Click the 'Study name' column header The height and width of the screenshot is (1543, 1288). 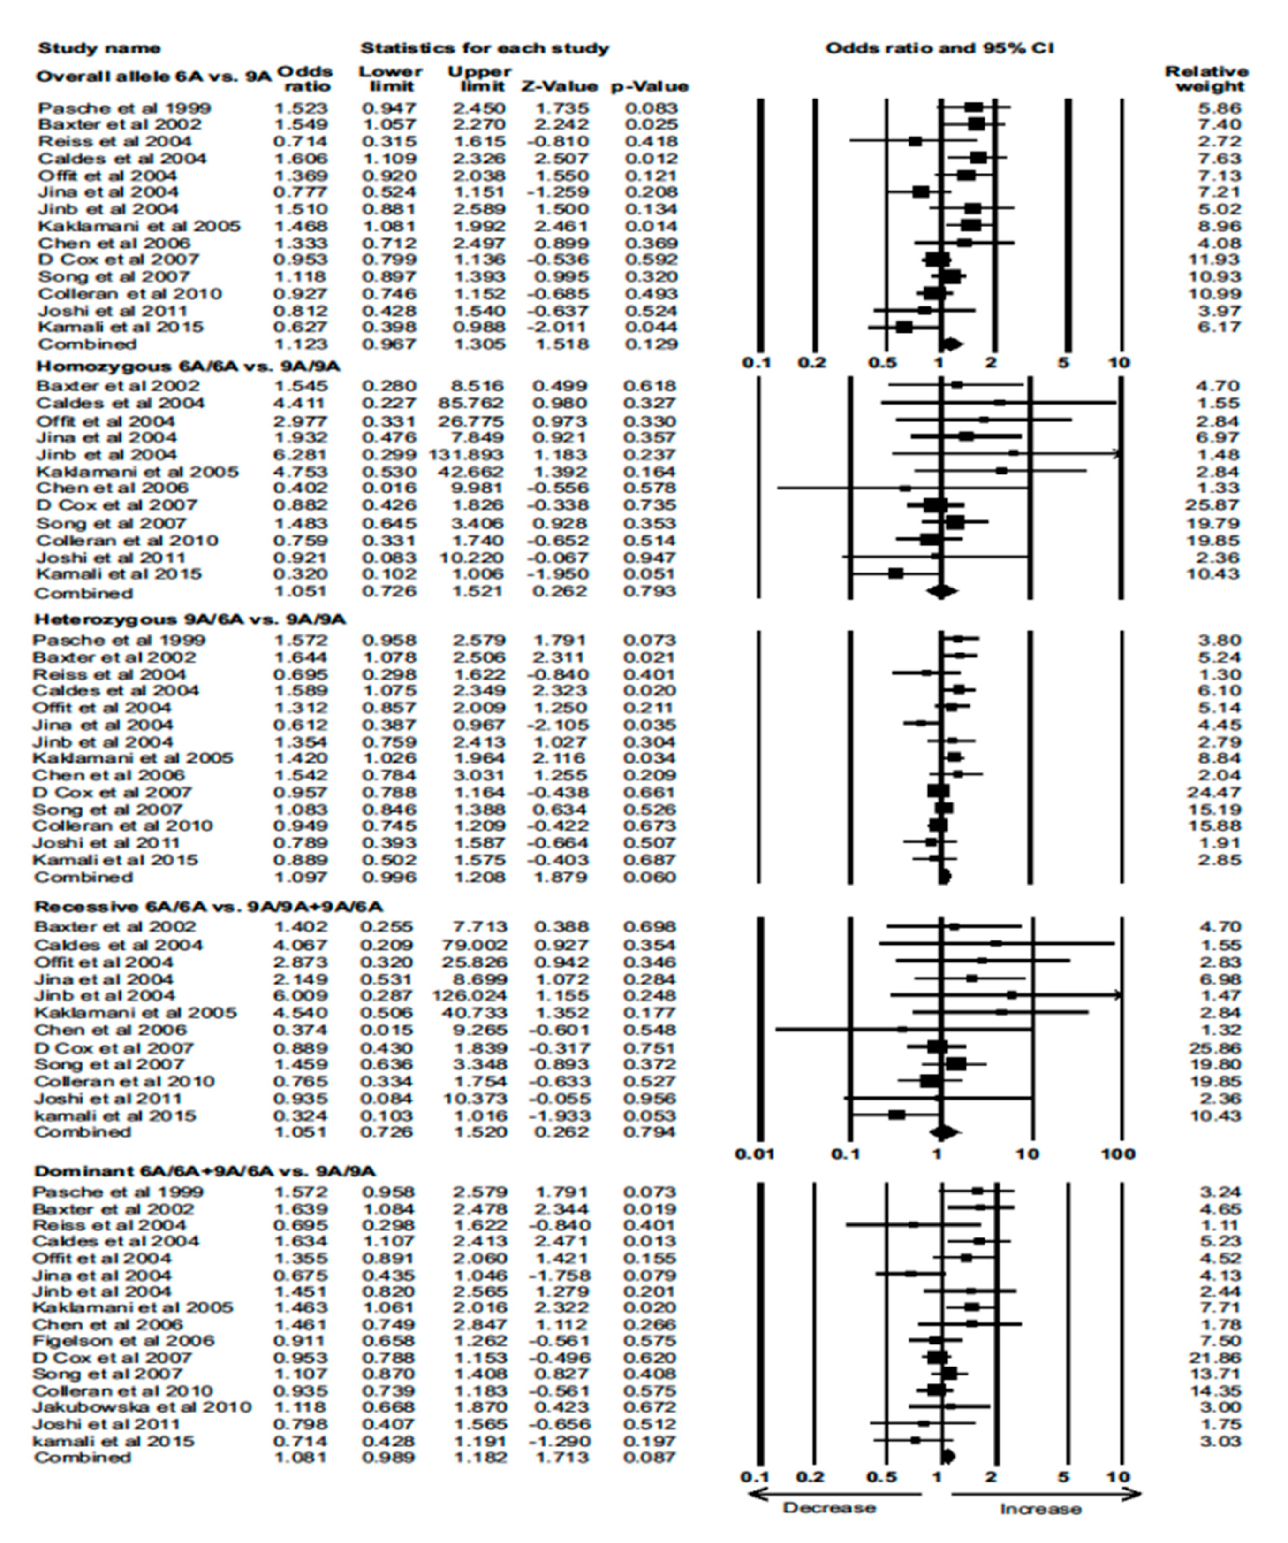coord(98,48)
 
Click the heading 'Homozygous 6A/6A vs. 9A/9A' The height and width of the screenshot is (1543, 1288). coord(187,366)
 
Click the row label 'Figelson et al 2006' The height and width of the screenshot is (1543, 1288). coord(123,1340)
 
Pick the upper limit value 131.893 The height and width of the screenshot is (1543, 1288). coord(467,454)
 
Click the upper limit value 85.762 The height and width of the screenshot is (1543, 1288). coord(474,403)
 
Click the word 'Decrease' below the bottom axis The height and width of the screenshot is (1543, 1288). coord(829,1508)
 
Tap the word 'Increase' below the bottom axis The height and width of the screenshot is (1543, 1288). coord(1040,1509)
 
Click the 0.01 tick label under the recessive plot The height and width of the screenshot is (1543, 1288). coord(756,1153)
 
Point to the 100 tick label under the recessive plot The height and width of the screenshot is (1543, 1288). coord(1118,1153)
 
